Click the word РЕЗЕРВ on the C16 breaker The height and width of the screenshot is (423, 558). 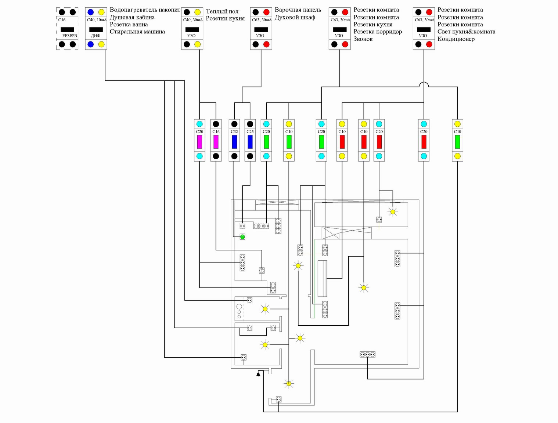pos(69,36)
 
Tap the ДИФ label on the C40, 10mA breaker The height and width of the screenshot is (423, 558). pos(96,36)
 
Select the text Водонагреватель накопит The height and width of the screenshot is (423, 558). pos(145,10)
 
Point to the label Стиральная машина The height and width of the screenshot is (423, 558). pos(137,32)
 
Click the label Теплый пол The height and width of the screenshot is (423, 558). pos(222,11)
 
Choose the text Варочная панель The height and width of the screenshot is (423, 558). pos(298,10)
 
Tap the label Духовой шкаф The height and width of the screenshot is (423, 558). pos(295,17)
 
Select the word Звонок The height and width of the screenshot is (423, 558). pos(363,39)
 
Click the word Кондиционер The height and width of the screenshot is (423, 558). pos(456,39)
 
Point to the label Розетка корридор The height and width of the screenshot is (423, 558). pos(378,32)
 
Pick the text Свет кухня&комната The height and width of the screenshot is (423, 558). pos(467,32)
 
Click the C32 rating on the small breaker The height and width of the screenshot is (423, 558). pos(234,131)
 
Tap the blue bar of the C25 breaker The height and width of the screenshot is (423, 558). pos(250,142)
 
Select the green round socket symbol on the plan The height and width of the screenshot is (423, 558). pos(242,237)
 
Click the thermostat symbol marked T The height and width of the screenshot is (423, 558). pos(262,271)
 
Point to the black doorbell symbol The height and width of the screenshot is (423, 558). pos(258,374)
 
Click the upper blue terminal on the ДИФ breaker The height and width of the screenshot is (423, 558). pos(90,12)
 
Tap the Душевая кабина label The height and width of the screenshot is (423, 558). pos(132,17)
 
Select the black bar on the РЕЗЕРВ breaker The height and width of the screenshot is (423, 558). pos(67,30)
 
